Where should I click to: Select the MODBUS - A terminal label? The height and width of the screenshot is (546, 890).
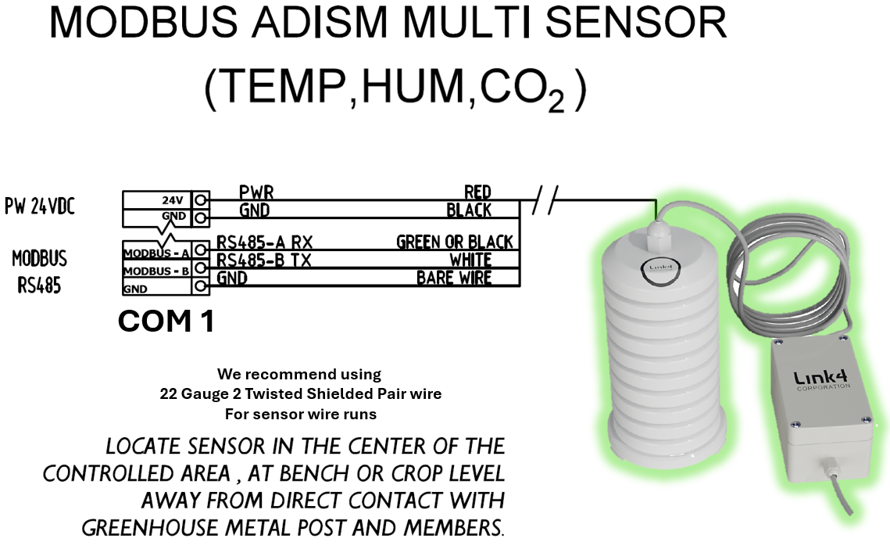click(156, 253)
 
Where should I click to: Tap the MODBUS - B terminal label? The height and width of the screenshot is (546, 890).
click(156, 271)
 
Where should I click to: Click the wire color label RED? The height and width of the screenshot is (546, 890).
click(477, 192)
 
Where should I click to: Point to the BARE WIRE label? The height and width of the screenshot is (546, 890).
click(454, 277)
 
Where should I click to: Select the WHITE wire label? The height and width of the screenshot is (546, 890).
click(470, 260)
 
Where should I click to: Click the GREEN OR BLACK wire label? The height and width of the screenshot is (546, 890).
click(454, 242)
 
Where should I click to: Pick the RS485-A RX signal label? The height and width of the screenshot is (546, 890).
click(264, 242)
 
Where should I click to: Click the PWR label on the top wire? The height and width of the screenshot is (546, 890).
click(256, 192)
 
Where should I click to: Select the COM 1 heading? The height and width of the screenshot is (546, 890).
click(166, 321)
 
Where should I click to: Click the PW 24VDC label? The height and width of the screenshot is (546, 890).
click(40, 207)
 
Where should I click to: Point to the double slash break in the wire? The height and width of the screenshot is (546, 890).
click(545, 200)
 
